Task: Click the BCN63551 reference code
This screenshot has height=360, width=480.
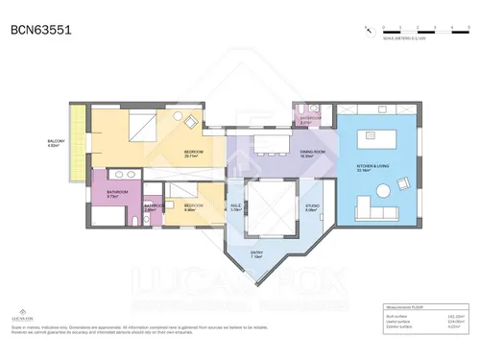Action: tap(39, 30)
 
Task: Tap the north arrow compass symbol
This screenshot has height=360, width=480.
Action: tap(368, 30)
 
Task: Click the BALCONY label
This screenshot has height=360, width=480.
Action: tap(57, 143)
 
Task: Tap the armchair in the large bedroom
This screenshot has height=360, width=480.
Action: tap(190, 121)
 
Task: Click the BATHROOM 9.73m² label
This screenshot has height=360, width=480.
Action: tap(117, 194)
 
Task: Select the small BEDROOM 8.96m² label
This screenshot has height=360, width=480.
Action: tap(193, 206)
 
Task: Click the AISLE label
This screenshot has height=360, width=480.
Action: tap(236, 206)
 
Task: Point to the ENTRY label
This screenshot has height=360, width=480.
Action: tap(256, 256)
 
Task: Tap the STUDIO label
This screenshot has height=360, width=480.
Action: tap(312, 206)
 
